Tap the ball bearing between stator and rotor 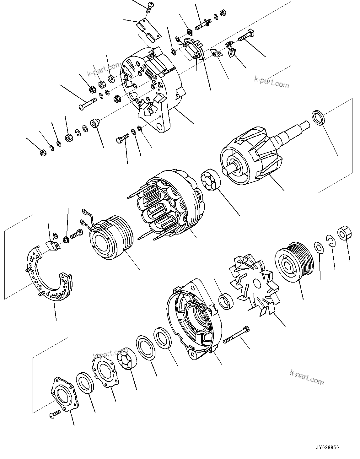[x=209, y=180]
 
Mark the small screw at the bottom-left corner [x=55, y=414]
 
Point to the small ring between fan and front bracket [x=226, y=301]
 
